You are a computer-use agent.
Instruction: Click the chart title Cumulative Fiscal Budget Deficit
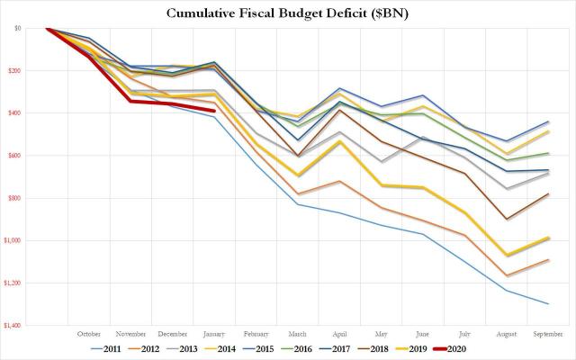click(x=288, y=13)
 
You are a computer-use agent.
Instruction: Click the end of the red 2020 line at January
click(x=213, y=111)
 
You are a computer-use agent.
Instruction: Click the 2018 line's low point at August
click(x=508, y=219)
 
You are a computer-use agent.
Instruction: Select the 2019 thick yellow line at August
click(x=508, y=255)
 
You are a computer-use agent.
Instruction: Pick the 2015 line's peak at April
click(x=338, y=88)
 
